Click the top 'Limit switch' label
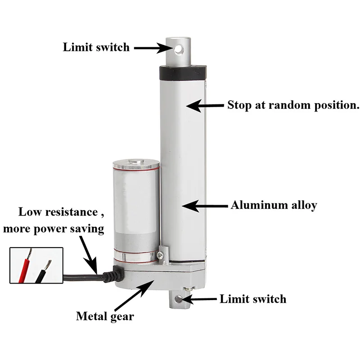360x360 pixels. pos(96,47)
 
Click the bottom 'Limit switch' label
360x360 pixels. pos(253,299)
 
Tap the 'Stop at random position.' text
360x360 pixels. pos(293,105)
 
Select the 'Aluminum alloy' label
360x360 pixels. pos(274,205)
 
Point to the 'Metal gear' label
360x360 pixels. pos(105,316)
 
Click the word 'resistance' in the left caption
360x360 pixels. pos(72,211)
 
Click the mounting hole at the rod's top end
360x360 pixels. pos(179,49)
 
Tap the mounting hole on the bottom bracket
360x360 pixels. pos(178,299)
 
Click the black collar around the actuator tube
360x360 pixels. pos(183,72)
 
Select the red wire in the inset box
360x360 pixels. pos(25,266)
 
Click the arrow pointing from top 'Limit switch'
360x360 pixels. pos(154,48)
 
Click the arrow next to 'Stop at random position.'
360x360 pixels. pos(205,106)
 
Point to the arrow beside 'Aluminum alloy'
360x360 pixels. pos(205,206)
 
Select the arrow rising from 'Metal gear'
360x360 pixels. pos(134,295)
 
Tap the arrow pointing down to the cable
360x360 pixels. pos(89,255)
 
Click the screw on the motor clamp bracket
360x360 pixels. pos(160,255)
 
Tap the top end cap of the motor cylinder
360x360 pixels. pos(136,164)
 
